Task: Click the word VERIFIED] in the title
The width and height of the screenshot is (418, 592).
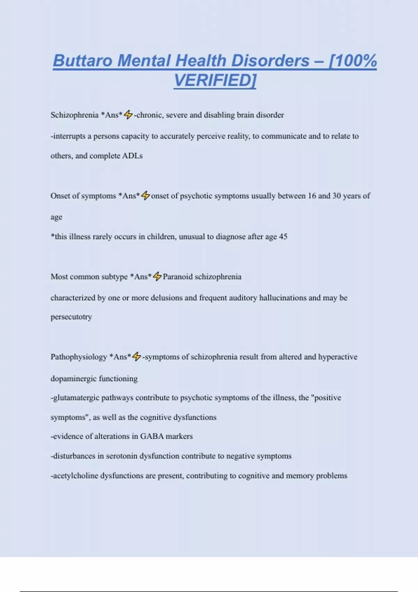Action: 215,80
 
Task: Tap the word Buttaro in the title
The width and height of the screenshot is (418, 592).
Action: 83,61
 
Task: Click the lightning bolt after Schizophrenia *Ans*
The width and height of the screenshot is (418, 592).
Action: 128,115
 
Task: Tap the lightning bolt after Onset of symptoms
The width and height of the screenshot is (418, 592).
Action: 145,196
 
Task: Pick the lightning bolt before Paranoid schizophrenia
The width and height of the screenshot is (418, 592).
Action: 157,276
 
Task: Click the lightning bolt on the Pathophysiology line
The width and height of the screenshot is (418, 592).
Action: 137,357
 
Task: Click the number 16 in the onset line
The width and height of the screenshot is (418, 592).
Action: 312,196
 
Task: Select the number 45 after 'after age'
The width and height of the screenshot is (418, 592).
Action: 283,237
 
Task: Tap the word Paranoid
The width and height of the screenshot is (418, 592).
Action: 178,276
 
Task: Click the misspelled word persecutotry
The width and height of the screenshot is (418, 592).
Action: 71,317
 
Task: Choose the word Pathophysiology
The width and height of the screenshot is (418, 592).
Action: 79,357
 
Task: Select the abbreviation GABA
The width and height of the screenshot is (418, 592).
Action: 152,436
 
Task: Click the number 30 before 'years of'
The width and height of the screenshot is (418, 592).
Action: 336,196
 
